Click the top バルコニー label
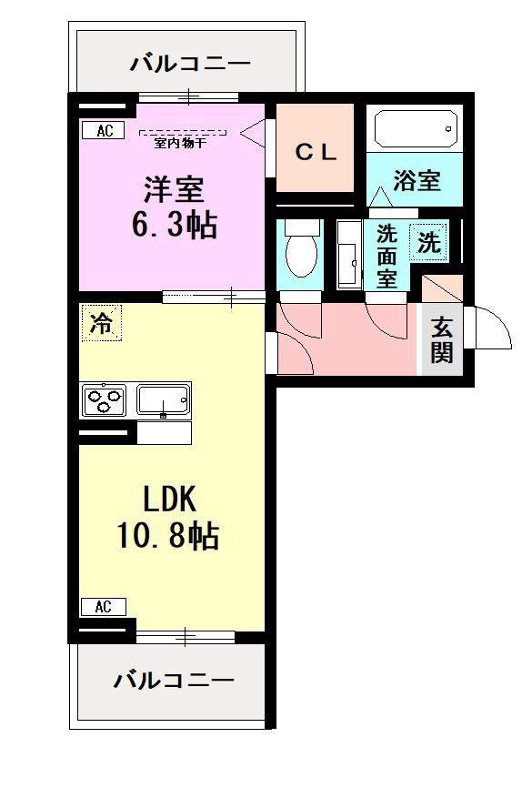coord(190,64)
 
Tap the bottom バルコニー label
coord(174,680)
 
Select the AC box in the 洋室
coord(104,130)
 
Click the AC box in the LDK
coord(104,607)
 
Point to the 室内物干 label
coord(181,144)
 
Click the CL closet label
coord(316,152)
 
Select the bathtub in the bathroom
coord(416,130)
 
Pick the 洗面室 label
coord(386,257)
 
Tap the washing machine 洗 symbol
coord(428,242)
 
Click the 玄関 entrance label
coord(441,340)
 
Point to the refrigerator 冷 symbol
coord(101,323)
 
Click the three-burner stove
coord(105,399)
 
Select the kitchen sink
coord(164,399)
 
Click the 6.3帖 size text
coord(175,225)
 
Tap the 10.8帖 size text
coord(168,535)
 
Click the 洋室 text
coord(174,189)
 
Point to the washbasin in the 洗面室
coord(349,255)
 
